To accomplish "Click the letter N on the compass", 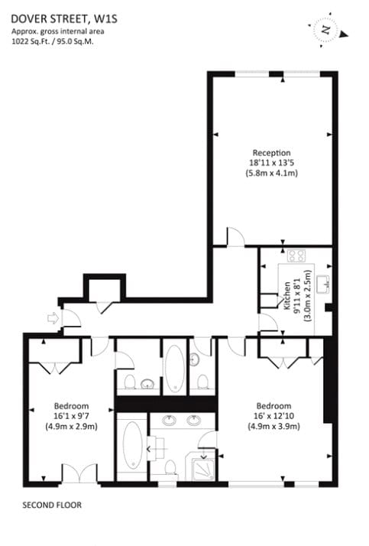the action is tap(326, 30).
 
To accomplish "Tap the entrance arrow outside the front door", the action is tap(53, 318).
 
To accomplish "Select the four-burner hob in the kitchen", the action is tap(296, 256).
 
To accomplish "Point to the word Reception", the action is tap(271, 153).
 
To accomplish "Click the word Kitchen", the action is tap(287, 296).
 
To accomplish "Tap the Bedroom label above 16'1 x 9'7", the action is tap(71, 406).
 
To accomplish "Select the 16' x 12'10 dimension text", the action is tap(274, 416).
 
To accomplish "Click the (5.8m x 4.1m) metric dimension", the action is tap(272, 173).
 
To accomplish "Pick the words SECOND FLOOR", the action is tap(52, 505).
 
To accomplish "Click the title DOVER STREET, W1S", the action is tap(64, 18).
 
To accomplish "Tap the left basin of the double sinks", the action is tap(170, 421).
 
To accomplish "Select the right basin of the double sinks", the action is tap(194, 421).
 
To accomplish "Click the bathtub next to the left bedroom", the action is tap(132, 445).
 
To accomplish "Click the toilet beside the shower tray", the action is tap(170, 467).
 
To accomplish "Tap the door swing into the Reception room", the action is tap(236, 237).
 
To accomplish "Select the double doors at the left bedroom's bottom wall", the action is tap(79, 473).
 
